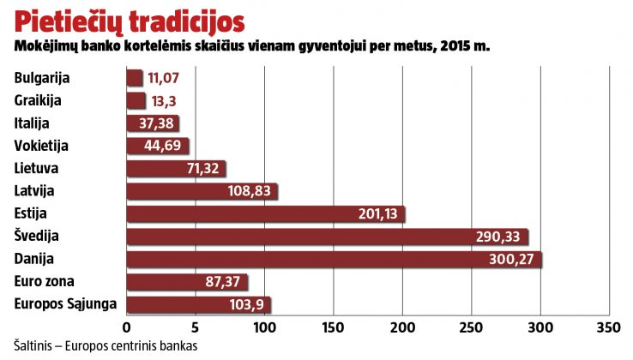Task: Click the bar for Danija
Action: pos(334,258)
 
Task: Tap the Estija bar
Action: pos(266,213)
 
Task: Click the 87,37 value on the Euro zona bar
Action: pos(224,281)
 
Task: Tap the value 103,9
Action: pos(248,303)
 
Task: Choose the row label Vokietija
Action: pos(41,146)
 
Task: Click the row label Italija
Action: pos(33,123)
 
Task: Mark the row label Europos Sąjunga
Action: pos(66,303)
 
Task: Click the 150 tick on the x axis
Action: pos(334,327)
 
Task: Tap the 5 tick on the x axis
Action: pos(196,327)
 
